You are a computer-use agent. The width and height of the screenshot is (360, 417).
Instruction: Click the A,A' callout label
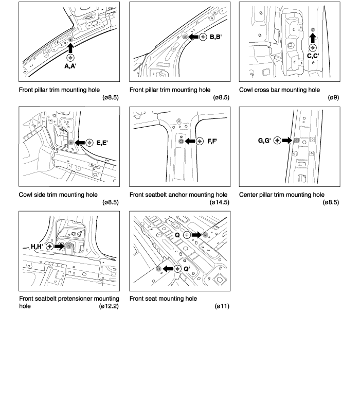click(x=70, y=66)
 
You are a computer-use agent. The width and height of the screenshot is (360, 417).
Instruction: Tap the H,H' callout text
click(x=37, y=247)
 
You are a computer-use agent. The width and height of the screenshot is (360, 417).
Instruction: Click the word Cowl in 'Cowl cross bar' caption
click(x=248, y=90)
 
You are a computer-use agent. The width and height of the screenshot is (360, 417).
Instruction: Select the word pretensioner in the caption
click(x=78, y=299)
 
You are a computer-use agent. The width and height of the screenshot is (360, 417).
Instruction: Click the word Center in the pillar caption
click(x=251, y=195)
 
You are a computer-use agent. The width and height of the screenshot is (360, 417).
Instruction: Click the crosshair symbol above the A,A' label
click(x=70, y=57)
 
